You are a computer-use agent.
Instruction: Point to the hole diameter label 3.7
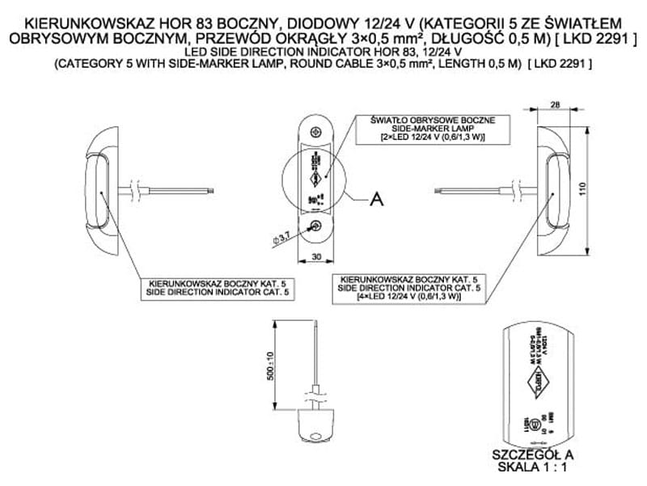282,236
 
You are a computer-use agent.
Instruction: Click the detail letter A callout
376,198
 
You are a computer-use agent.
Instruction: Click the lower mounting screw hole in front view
318,227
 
